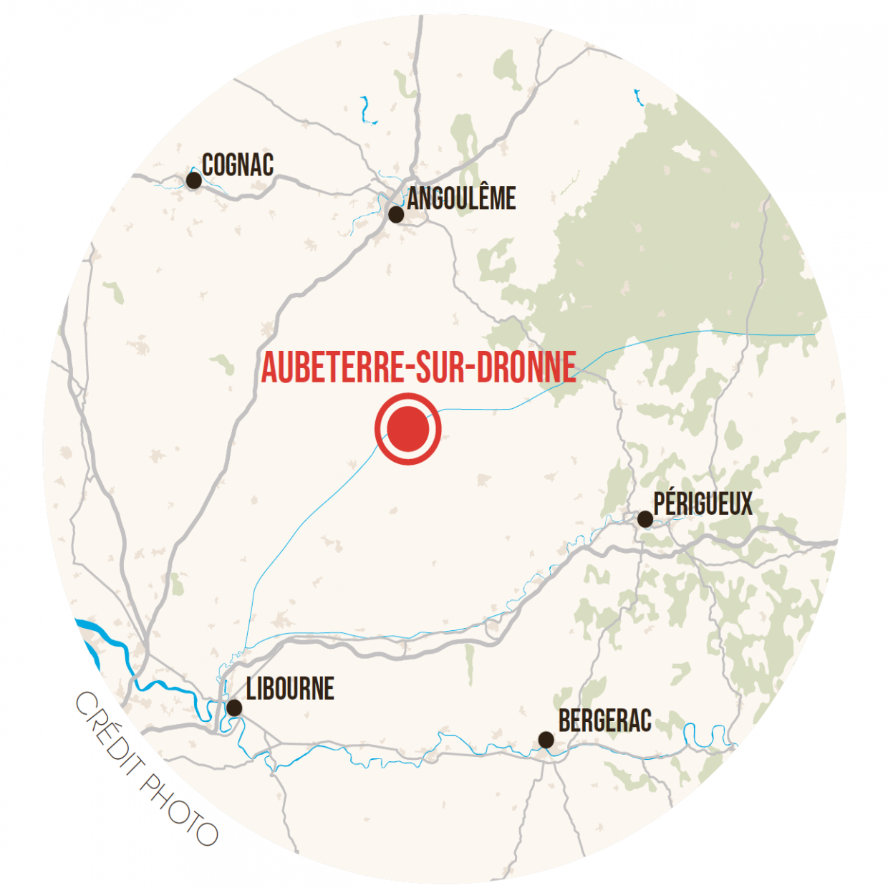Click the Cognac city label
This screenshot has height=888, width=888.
tap(238, 165)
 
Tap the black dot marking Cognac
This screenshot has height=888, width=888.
tap(193, 180)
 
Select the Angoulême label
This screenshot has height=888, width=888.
tap(461, 198)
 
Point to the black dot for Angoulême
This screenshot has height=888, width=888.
tap(396, 214)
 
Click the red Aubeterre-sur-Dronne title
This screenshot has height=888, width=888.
tap(418, 367)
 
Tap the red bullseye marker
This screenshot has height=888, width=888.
tap(407, 429)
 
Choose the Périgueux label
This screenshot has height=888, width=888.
tap(703, 503)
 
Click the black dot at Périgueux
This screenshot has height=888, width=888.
tap(645, 519)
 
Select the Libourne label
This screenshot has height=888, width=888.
tap(290, 689)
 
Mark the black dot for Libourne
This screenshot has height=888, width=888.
tap(234, 708)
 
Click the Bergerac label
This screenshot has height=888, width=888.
tap(605, 720)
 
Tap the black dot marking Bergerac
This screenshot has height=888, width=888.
tap(546, 740)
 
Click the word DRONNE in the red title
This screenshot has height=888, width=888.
tap(526, 367)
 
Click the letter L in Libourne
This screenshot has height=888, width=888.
tap(251, 689)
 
